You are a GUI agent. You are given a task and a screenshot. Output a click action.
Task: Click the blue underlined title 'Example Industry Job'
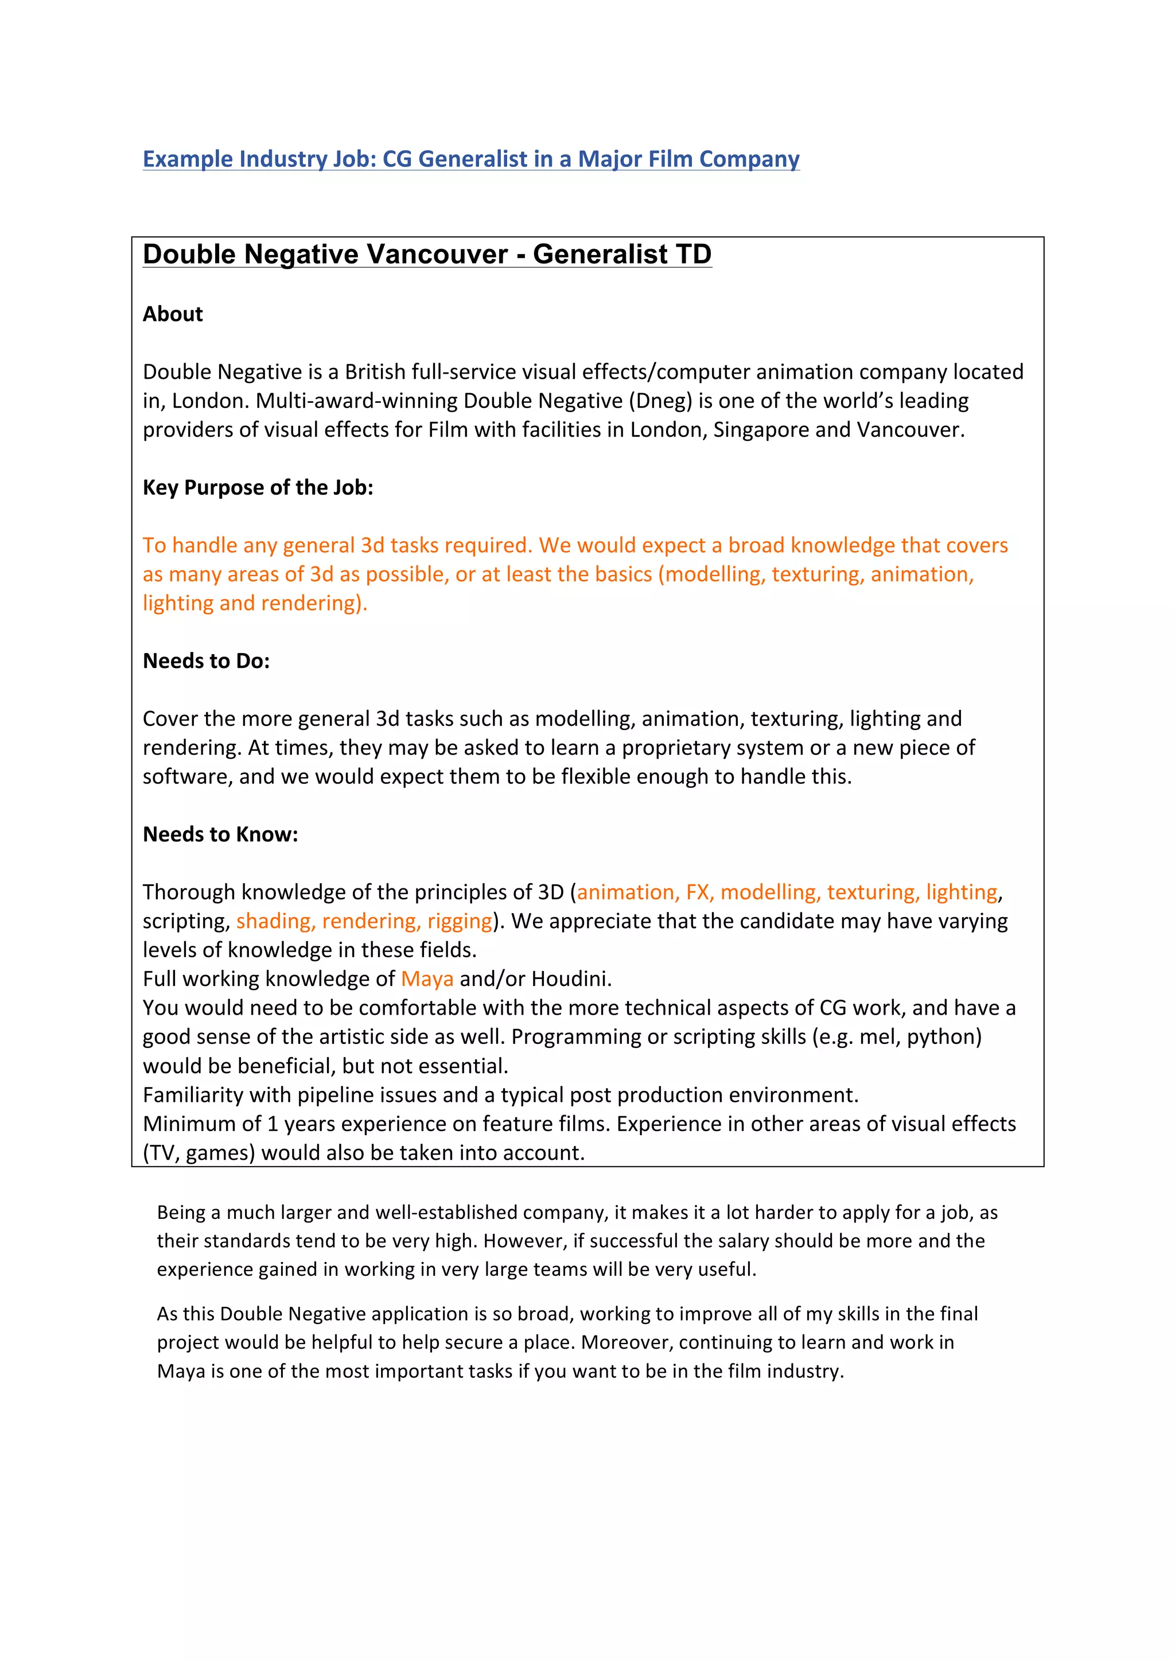coord(470,158)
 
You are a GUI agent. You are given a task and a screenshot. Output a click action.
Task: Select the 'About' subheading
coord(172,313)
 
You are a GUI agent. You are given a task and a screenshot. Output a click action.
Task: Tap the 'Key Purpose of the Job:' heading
coord(258,487)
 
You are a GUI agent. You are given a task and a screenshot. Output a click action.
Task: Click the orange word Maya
coord(427,978)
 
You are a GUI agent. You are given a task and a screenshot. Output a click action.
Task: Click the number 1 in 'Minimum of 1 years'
coord(272,1124)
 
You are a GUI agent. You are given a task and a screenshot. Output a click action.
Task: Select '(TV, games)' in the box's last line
coord(199,1152)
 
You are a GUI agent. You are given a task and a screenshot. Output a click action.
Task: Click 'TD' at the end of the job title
coord(693,254)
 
